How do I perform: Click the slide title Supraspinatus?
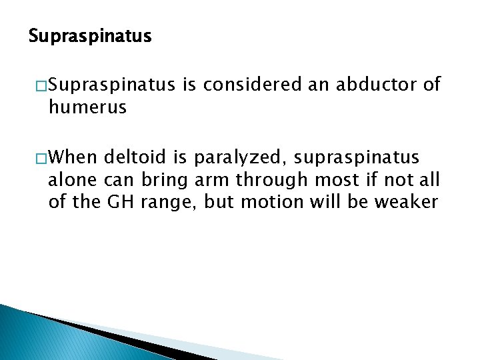pyautogui.click(x=90, y=36)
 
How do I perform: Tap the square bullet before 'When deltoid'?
pyautogui.click(x=39, y=158)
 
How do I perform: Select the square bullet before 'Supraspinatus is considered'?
pyautogui.click(x=39, y=85)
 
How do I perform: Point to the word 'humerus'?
pyautogui.click(x=87, y=107)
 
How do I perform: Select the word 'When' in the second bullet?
pyautogui.click(x=72, y=158)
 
